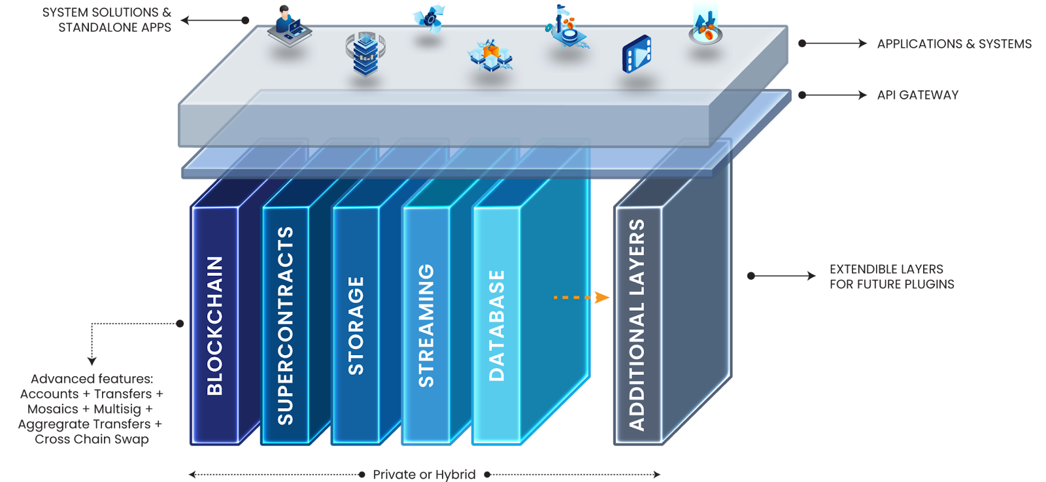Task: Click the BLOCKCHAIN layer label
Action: click(x=215, y=326)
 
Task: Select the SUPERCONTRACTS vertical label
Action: click(x=286, y=326)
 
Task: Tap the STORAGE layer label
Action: click(x=356, y=326)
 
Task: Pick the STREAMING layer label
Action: click(x=426, y=326)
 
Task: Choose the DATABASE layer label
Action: click(x=497, y=326)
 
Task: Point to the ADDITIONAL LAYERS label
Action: click(x=637, y=324)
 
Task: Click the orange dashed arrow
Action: click(x=581, y=298)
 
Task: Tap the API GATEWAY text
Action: click(x=917, y=95)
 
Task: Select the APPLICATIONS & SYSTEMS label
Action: click(x=954, y=44)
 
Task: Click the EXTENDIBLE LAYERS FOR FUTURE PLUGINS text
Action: click(x=891, y=277)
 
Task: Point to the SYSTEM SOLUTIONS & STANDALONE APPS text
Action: click(x=107, y=20)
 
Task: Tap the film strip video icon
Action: click(x=636, y=54)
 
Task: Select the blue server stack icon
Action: click(x=365, y=54)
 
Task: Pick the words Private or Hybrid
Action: click(x=424, y=474)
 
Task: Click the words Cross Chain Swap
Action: click(x=92, y=439)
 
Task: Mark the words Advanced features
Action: click(x=92, y=379)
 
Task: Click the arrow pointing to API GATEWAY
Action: click(x=834, y=95)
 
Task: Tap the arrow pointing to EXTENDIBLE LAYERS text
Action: click(x=783, y=276)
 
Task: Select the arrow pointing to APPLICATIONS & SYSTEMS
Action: click(x=834, y=44)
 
